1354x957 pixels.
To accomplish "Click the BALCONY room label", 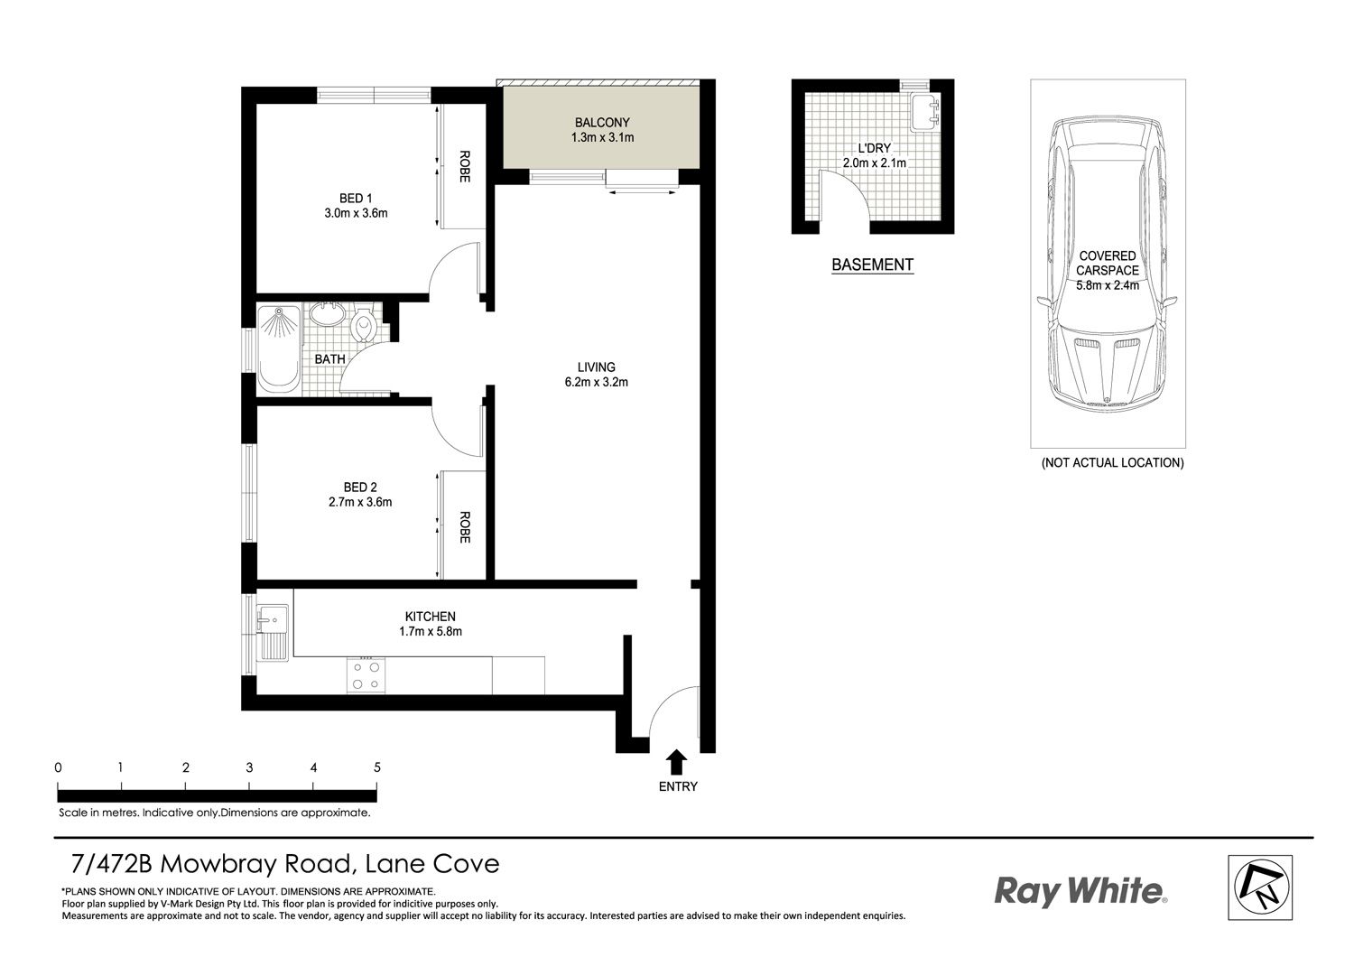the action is (x=602, y=123).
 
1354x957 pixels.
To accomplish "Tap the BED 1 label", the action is (x=356, y=199).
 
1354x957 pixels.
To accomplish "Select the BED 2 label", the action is (x=360, y=488).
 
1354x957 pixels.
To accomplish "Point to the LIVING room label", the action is (x=596, y=367).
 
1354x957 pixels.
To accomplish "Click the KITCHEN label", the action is (x=431, y=617).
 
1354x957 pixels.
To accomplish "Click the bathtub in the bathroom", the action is (x=279, y=349).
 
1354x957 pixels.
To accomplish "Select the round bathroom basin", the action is (x=328, y=315).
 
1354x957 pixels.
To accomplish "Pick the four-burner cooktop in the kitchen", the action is (x=366, y=675).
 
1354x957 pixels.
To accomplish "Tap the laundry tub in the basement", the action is (x=925, y=111).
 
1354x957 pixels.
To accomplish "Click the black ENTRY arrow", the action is (x=678, y=762).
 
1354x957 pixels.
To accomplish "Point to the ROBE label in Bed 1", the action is (x=464, y=166).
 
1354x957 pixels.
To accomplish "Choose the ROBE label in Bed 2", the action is (x=464, y=527).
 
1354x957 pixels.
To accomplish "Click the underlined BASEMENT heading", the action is (x=872, y=265).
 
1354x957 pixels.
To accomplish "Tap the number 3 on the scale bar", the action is (x=249, y=767).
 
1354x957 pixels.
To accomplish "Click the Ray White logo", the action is (x=1081, y=891).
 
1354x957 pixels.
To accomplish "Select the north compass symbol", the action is (x=1260, y=887).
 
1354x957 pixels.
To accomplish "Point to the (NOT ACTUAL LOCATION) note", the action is (x=1112, y=462).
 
